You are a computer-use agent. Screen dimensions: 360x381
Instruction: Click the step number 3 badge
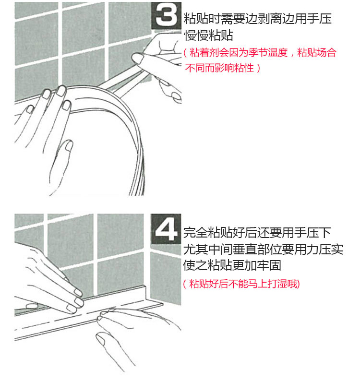(167, 15)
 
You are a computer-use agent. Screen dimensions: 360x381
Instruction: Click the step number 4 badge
(166, 229)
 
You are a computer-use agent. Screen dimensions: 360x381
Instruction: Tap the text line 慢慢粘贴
(209, 35)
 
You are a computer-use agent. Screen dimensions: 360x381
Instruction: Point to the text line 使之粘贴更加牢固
(232, 265)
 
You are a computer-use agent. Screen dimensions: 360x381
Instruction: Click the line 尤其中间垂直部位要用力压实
(263, 249)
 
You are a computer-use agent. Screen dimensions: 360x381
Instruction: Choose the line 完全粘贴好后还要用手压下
(257, 233)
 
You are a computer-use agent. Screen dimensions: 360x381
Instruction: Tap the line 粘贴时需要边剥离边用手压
(258, 19)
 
